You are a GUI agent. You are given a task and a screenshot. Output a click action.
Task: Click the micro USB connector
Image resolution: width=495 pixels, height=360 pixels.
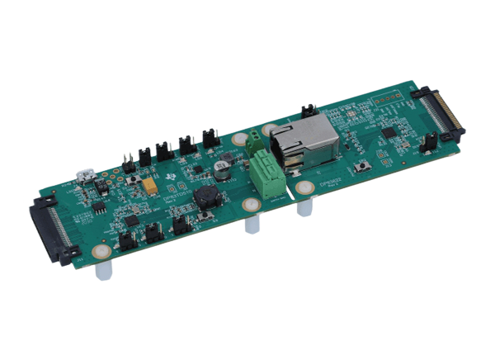[x=84, y=175]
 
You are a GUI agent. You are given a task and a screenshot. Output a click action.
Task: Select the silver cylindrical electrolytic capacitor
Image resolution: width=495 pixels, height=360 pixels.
[x=221, y=168]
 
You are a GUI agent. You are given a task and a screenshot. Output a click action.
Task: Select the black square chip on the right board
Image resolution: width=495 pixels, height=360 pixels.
[x=389, y=131]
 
